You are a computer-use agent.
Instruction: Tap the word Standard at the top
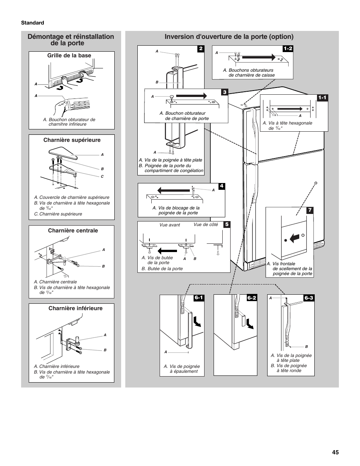pyautogui.click(x=32, y=23)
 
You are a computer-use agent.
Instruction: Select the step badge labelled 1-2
pyautogui.click(x=288, y=49)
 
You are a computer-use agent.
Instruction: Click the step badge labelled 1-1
pyautogui.click(x=323, y=98)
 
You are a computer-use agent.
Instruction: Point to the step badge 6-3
pyautogui.click(x=309, y=298)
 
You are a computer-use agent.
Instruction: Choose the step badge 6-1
pyautogui.click(x=199, y=298)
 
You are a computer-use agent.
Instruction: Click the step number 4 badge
pyautogui.click(x=222, y=186)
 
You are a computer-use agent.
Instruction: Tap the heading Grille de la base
pyautogui.click(x=69, y=55)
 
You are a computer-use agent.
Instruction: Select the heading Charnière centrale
pyautogui.click(x=73, y=231)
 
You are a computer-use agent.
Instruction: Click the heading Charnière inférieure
pyautogui.click(x=75, y=308)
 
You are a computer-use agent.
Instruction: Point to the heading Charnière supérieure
pyautogui.click(x=72, y=140)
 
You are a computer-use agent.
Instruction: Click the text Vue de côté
pyautogui.click(x=206, y=225)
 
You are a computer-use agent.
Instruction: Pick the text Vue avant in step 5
pyautogui.click(x=169, y=225)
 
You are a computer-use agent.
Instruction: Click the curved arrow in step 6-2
pyautogui.click(x=249, y=323)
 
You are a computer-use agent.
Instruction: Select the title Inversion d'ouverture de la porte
pyautogui.click(x=229, y=37)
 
